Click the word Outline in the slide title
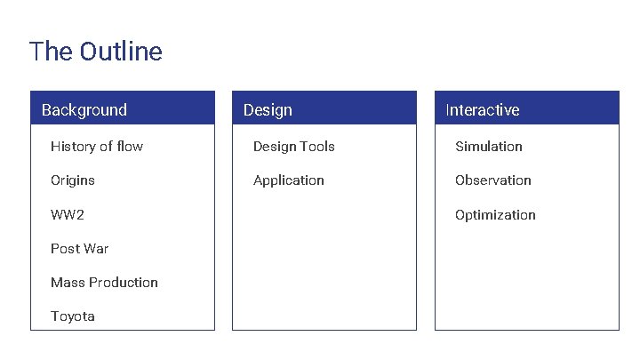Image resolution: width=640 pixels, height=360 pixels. [121, 52]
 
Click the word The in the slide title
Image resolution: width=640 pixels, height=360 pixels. [51, 52]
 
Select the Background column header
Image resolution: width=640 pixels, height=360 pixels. [84, 110]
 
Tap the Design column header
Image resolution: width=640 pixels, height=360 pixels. [268, 110]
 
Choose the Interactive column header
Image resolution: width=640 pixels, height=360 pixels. [483, 110]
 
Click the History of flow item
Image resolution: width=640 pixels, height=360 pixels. [97, 147]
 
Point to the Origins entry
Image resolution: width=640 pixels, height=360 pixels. [73, 180]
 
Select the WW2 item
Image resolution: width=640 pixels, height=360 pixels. [68, 215]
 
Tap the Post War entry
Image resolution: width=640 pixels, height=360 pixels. [80, 249]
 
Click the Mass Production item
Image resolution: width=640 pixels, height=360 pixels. [104, 283]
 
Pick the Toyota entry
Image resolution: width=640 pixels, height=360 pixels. [73, 316]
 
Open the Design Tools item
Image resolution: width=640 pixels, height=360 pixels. [293, 147]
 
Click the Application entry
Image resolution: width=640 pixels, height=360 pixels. [289, 180]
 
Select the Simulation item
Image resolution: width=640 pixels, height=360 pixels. [489, 147]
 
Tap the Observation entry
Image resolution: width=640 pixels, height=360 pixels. [493, 180]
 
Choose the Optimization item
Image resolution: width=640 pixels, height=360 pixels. [495, 215]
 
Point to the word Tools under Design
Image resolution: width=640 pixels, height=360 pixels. [317, 147]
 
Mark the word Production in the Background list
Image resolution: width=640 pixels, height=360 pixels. [123, 283]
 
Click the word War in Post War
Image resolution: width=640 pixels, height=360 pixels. [95, 249]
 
